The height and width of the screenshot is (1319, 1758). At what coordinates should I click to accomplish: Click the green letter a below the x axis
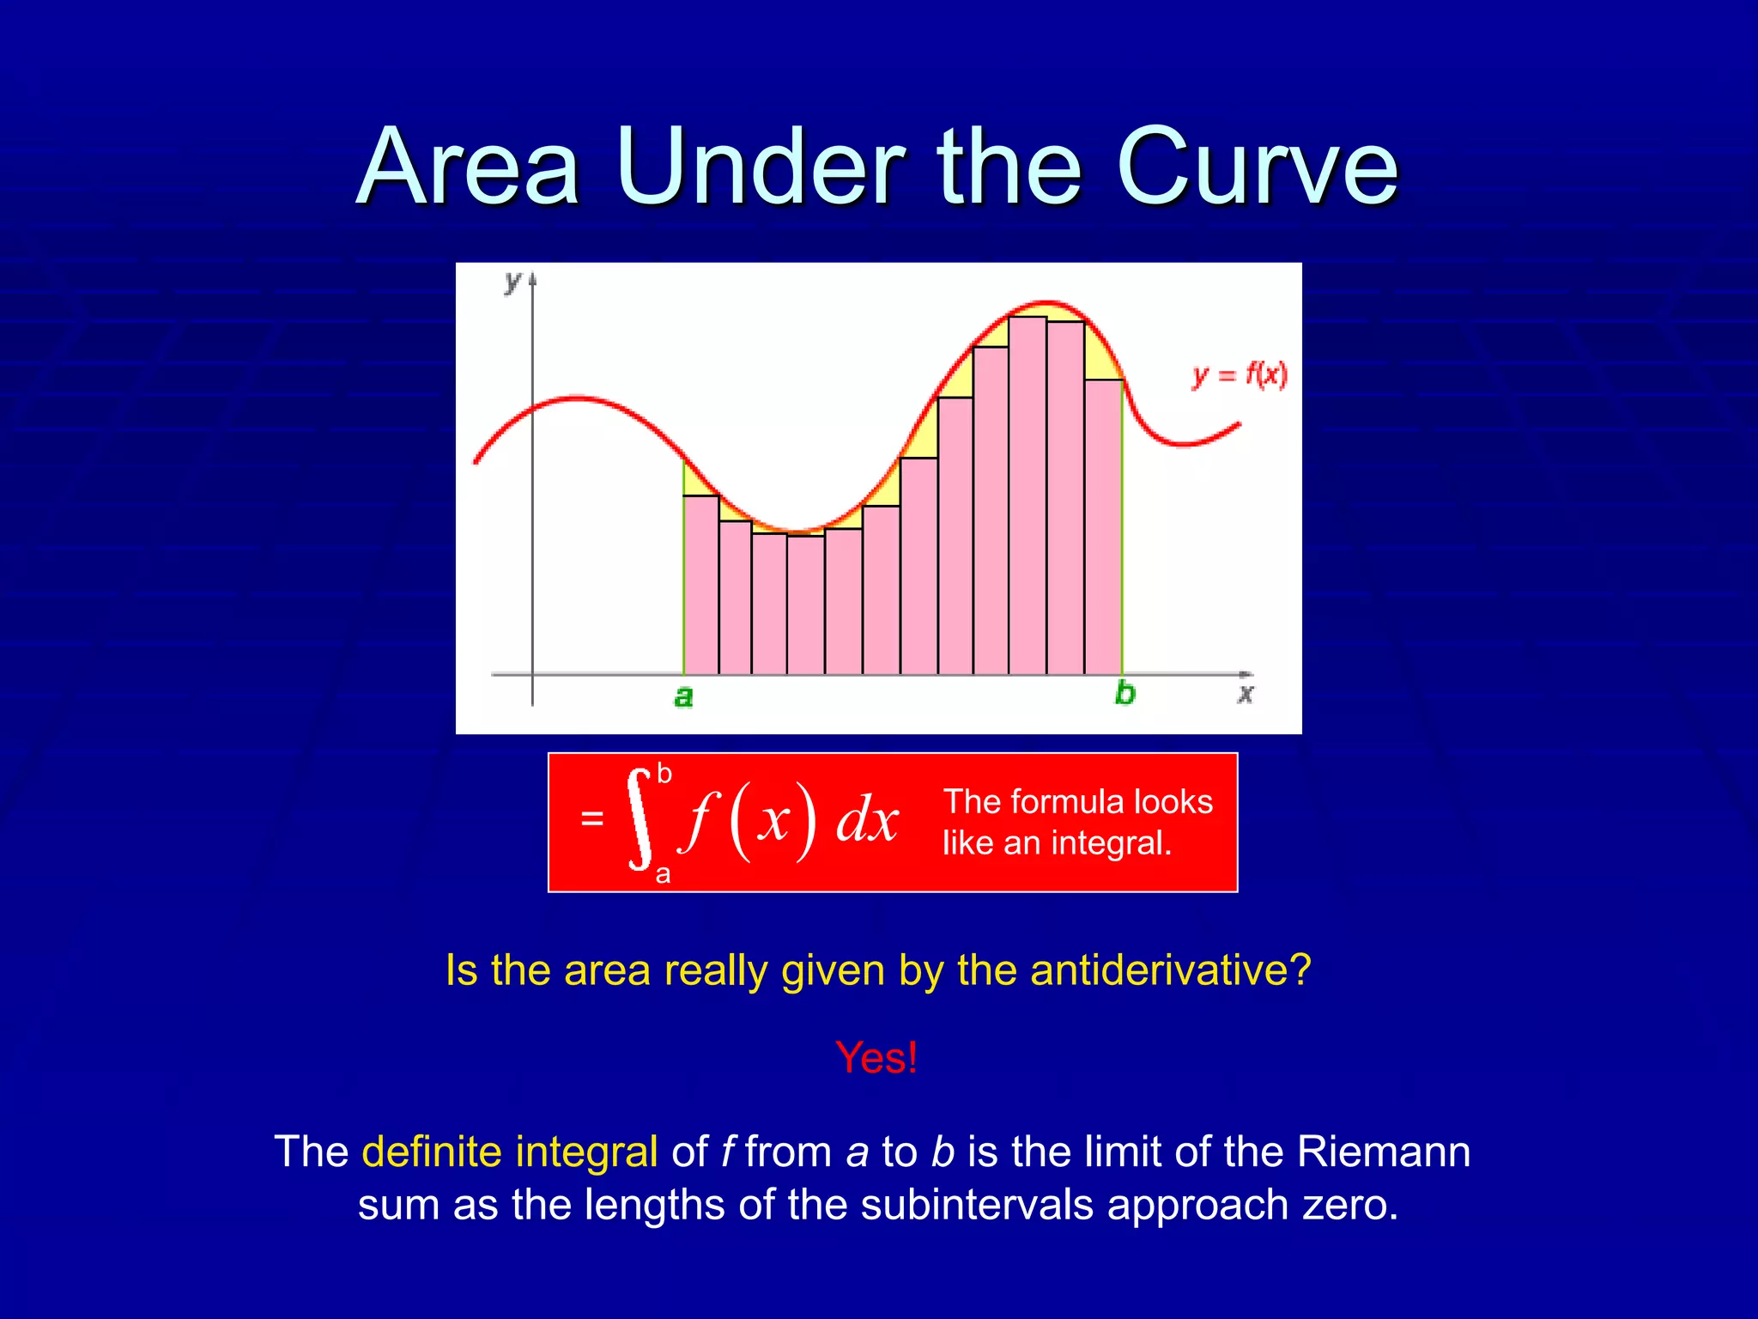pos(683,696)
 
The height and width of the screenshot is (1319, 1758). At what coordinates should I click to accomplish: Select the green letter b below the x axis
pos(1125,693)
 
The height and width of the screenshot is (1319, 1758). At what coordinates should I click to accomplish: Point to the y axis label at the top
pos(512,281)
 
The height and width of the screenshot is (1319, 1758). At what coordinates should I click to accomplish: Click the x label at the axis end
pos(1246,693)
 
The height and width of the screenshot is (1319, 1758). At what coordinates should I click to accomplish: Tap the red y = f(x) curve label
pos(1240,375)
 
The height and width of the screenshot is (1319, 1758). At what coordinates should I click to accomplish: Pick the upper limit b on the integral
pos(664,774)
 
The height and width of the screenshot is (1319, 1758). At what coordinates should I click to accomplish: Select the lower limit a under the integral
pos(663,875)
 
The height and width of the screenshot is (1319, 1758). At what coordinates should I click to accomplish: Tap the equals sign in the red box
pos(591,818)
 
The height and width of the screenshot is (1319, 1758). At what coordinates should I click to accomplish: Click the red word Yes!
pos(876,1057)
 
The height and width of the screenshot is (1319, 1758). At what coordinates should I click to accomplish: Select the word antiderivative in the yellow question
pos(1170,970)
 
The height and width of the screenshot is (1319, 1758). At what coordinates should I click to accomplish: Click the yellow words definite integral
pos(510,1152)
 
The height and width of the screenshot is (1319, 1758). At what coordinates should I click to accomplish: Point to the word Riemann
pos(1384,1152)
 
